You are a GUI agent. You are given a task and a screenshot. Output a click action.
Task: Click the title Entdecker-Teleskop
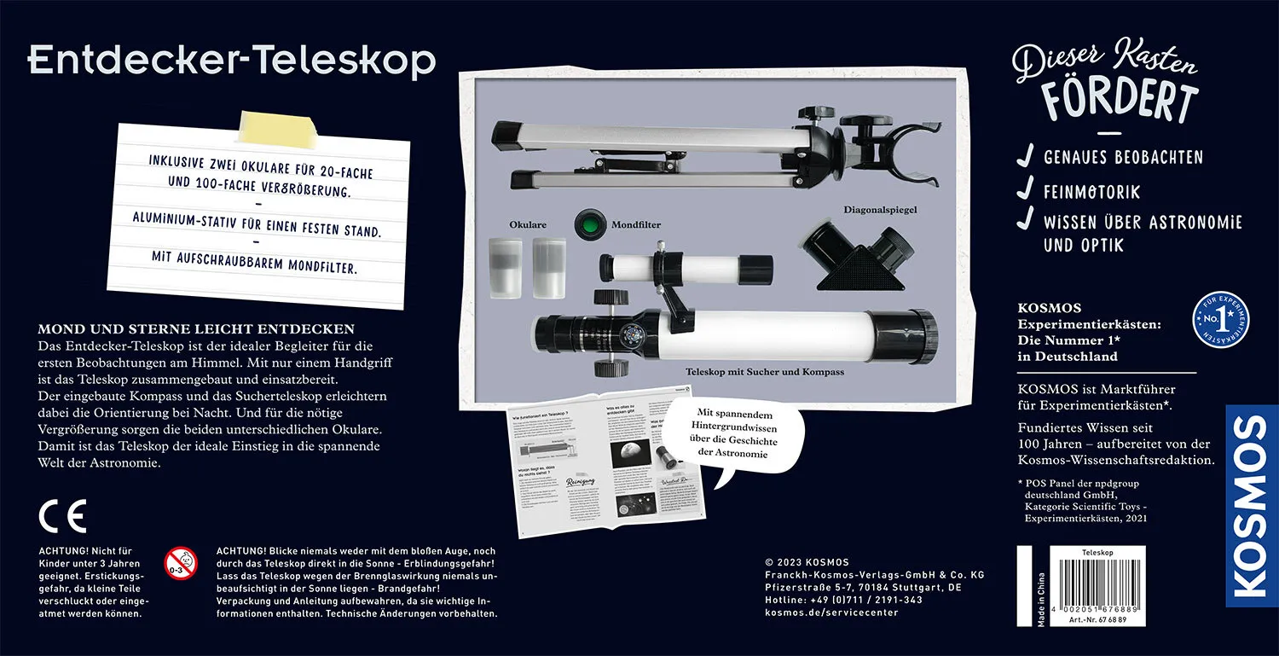point(232,61)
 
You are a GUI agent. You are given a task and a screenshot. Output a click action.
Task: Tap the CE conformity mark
point(62,516)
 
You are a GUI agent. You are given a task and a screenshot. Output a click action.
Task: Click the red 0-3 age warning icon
point(181,562)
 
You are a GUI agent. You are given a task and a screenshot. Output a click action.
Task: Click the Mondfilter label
point(636,225)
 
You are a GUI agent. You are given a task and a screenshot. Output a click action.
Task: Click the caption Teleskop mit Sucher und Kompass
point(765,372)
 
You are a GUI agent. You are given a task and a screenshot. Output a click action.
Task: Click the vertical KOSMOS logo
point(1251,506)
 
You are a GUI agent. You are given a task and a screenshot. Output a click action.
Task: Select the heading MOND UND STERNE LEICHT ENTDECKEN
point(196,329)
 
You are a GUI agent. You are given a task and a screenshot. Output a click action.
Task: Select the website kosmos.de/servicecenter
point(831,612)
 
